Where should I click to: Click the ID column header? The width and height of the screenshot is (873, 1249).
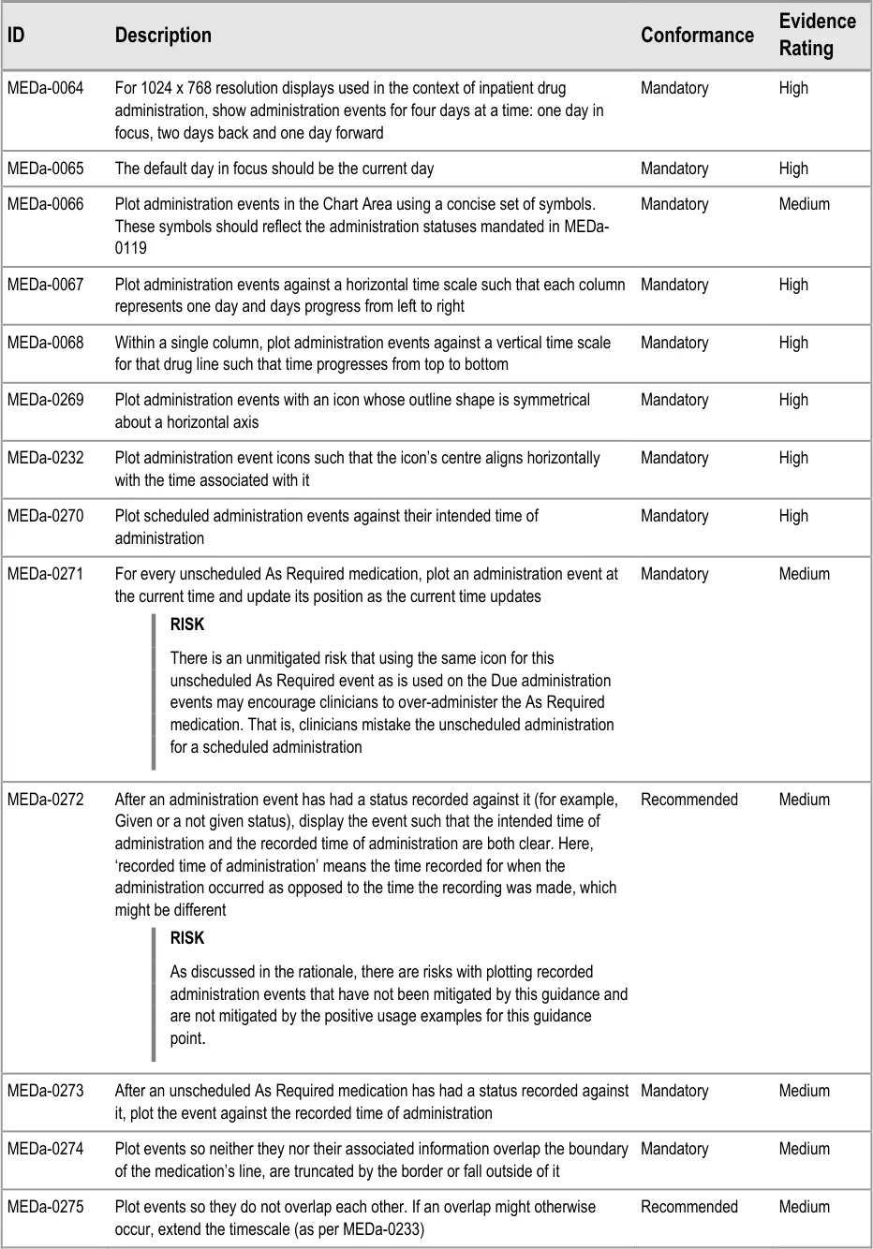[16, 36]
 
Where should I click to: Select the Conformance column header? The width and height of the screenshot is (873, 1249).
[697, 36]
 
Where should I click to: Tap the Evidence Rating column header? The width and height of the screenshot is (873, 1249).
[817, 35]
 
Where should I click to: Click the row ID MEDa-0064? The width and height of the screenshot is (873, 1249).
[45, 88]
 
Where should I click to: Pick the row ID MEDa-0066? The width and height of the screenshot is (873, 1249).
[45, 204]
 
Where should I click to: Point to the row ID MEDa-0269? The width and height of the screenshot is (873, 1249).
[45, 400]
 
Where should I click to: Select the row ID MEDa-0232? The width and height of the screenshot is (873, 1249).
[45, 458]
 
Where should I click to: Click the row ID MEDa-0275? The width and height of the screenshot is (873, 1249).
[45, 1207]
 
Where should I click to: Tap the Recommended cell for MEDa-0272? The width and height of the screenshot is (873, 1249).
[688, 800]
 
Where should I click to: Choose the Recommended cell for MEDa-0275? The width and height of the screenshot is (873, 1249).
[688, 1207]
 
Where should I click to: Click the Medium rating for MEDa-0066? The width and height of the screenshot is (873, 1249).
[804, 204]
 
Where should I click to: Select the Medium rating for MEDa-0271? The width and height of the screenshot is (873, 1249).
[804, 574]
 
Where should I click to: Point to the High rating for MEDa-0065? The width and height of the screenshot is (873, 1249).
[792, 169]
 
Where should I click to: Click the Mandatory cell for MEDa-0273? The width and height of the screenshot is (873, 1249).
[674, 1091]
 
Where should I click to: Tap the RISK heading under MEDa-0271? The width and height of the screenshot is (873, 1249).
[187, 624]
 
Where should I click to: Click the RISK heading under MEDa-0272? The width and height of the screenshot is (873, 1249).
[187, 938]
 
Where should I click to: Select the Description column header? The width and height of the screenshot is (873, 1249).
[163, 36]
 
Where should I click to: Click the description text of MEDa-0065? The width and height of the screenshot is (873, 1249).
[274, 169]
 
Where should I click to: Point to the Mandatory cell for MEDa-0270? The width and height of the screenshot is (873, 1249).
[674, 516]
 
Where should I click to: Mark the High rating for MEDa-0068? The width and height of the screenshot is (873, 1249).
[792, 343]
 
